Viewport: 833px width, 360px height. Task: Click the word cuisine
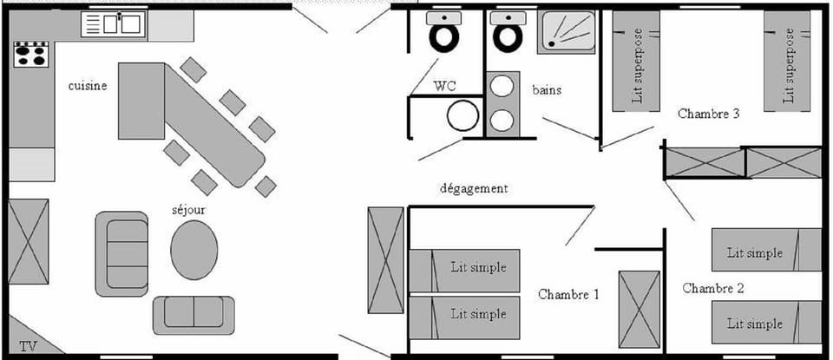(x=88, y=86)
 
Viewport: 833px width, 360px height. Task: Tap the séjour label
(x=188, y=209)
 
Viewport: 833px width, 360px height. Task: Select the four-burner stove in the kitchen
(x=30, y=55)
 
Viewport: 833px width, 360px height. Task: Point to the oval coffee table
(x=193, y=250)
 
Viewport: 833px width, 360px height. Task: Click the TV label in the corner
(x=28, y=346)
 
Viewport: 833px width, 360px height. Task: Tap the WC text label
(x=446, y=86)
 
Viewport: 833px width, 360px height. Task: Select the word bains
(x=547, y=89)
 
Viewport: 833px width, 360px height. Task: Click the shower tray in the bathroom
(x=566, y=33)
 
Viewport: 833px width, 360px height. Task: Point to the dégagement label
(x=474, y=188)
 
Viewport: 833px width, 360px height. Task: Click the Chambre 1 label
(x=568, y=294)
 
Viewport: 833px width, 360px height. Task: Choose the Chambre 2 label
(x=712, y=288)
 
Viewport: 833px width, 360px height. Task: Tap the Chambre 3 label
(x=708, y=114)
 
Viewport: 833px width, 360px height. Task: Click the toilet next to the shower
(x=507, y=33)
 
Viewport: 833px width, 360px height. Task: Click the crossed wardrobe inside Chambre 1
(x=640, y=308)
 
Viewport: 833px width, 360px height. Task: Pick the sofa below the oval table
(x=193, y=315)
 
